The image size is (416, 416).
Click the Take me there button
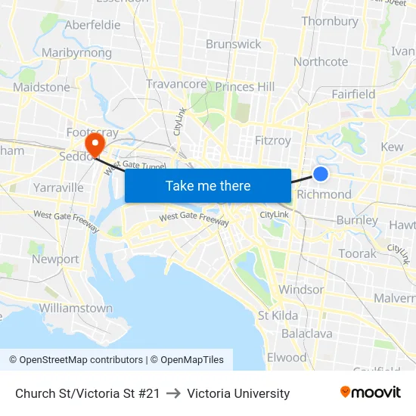point(208,185)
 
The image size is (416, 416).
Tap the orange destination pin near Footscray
point(95,142)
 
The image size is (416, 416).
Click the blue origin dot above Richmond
point(321,174)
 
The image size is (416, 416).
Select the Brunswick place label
point(234,44)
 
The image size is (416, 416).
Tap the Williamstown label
point(76,308)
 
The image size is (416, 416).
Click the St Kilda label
point(278,315)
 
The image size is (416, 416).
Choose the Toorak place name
point(357,253)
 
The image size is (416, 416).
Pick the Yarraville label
point(58,187)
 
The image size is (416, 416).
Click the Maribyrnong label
point(76,53)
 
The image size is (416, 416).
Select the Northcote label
point(321,61)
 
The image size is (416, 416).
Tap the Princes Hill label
point(245,87)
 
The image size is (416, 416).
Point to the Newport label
point(55,259)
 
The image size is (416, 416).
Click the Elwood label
point(287,357)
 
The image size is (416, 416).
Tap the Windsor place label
point(301,290)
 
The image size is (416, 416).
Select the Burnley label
point(357,221)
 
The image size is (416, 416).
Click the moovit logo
point(371,393)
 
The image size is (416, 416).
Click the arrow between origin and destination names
point(173,393)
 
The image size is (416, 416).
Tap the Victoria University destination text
point(238,393)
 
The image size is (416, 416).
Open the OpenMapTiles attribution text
point(187,359)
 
